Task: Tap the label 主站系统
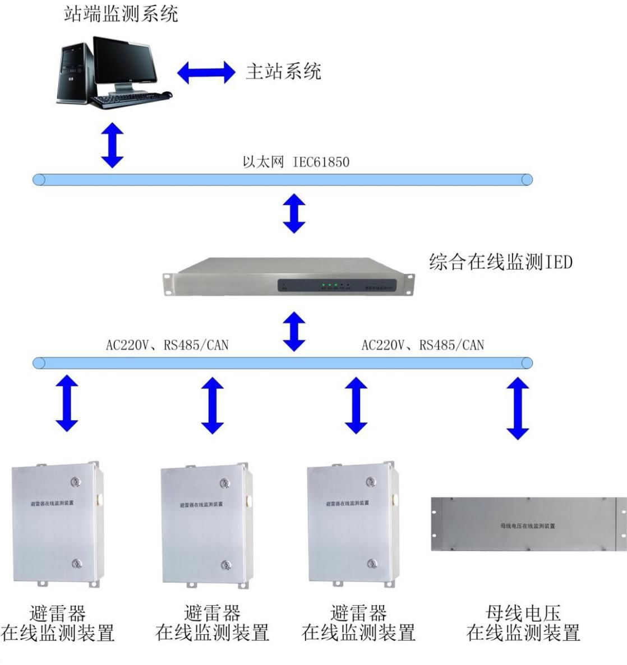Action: (284, 72)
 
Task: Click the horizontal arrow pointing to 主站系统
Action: (206, 72)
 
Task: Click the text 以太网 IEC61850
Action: (296, 162)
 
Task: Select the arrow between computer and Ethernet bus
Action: (112, 144)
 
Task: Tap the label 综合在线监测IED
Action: (500, 262)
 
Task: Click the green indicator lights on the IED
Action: (330, 286)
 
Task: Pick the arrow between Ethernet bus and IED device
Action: (294, 213)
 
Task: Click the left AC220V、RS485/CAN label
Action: (167, 345)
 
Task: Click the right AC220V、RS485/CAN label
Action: (422, 345)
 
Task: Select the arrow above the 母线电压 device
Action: (518, 408)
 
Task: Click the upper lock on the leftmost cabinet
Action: (75, 481)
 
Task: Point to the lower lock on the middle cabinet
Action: (225, 565)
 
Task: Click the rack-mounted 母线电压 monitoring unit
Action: (527, 524)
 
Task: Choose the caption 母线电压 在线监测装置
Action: (523, 623)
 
